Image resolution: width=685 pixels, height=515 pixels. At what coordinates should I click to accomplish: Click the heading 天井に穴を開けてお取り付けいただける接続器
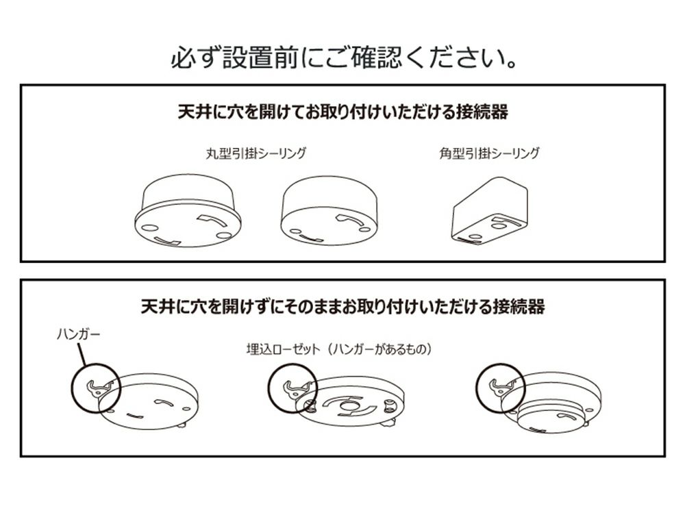coord(343,112)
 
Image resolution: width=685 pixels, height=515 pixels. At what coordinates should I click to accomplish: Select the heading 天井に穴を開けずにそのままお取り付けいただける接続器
coord(343,306)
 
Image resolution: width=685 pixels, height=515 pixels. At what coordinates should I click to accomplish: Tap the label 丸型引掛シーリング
coord(256,153)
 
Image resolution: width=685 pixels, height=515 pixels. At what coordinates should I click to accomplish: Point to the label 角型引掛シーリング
coord(489,153)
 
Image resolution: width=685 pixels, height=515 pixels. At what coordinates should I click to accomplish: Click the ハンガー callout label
coord(79,335)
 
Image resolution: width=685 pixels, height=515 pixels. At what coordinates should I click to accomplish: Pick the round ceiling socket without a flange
coord(329,210)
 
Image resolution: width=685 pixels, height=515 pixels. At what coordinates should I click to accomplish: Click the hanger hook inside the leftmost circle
coord(100,388)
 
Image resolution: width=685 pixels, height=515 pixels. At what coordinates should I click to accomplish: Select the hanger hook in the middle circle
coord(297,388)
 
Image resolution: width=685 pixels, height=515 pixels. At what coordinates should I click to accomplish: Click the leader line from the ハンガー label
coord(82,354)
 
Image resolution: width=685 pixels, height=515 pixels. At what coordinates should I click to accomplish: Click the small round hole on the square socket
coord(497,226)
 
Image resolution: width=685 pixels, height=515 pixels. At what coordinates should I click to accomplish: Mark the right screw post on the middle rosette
coord(387,407)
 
